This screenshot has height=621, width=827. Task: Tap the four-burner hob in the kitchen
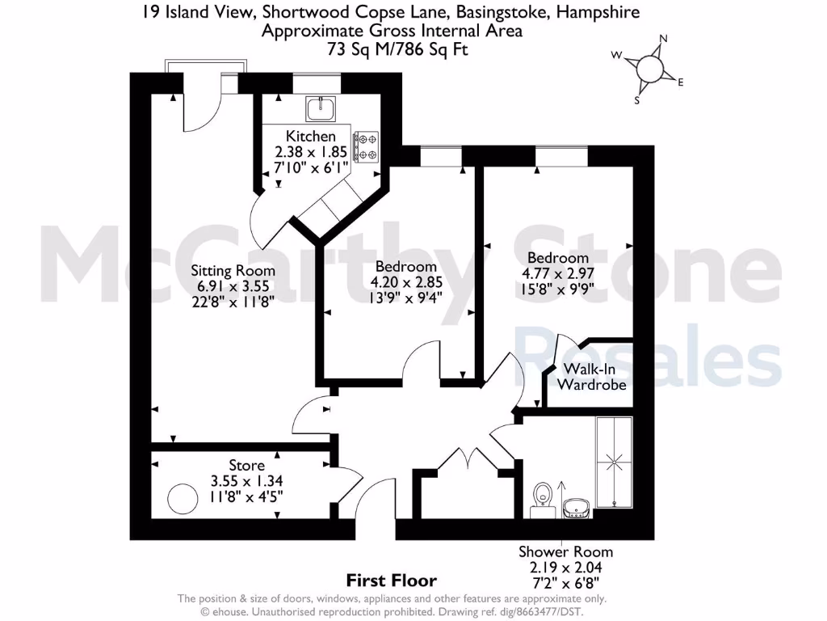pos(366,146)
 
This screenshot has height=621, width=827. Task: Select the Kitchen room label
pos(311,137)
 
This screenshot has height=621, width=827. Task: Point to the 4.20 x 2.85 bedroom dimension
pos(407,282)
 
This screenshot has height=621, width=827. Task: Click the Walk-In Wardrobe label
pos(592,377)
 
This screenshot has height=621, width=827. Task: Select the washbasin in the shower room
pos(576,507)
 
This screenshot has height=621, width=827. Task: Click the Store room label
pos(246,466)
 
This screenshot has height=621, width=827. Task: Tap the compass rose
pos(649,69)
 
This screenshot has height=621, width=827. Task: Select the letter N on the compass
pos(664,38)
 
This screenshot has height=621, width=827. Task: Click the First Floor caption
pos(392,580)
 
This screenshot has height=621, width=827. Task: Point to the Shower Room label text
pos(565,551)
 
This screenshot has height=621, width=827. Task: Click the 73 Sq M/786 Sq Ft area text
pos(391,49)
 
